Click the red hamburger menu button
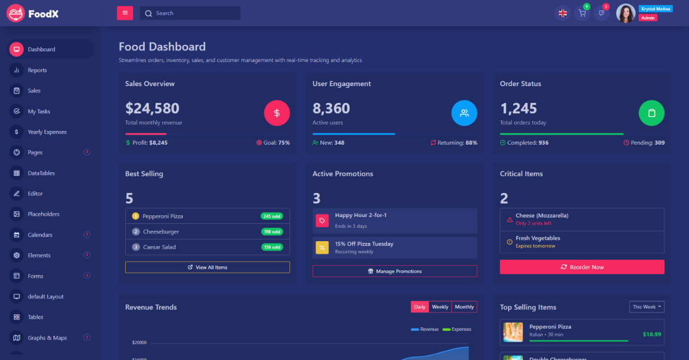(x=125, y=13)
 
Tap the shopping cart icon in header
(x=582, y=13)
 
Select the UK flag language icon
(x=563, y=13)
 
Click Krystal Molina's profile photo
(x=625, y=13)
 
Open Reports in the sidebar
(x=37, y=70)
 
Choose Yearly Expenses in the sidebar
(x=47, y=132)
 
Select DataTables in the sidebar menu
(x=41, y=173)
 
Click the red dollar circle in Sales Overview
(x=277, y=113)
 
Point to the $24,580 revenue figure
(x=152, y=108)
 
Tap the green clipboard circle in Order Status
(x=651, y=113)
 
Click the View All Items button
(x=207, y=268)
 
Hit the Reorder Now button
(x=582, y=267)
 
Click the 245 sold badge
(x=272, y=216)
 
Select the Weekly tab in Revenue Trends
(x=440, y=307)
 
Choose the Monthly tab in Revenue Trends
(x=465, y=307)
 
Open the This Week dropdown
(x=647, y=307)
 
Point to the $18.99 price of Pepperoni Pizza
(x=652, y=334)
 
